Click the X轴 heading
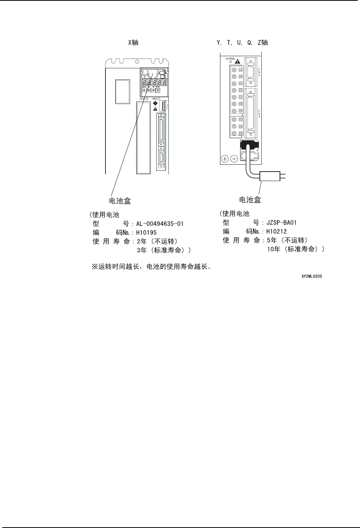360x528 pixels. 133,43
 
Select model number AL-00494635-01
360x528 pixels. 160,224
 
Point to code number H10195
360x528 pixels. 146,232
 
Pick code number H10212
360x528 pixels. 277,231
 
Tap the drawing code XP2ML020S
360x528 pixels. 312,277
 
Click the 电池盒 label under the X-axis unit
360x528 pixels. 118,201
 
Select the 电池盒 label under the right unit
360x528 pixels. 250,200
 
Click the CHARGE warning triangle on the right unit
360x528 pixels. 237,61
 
